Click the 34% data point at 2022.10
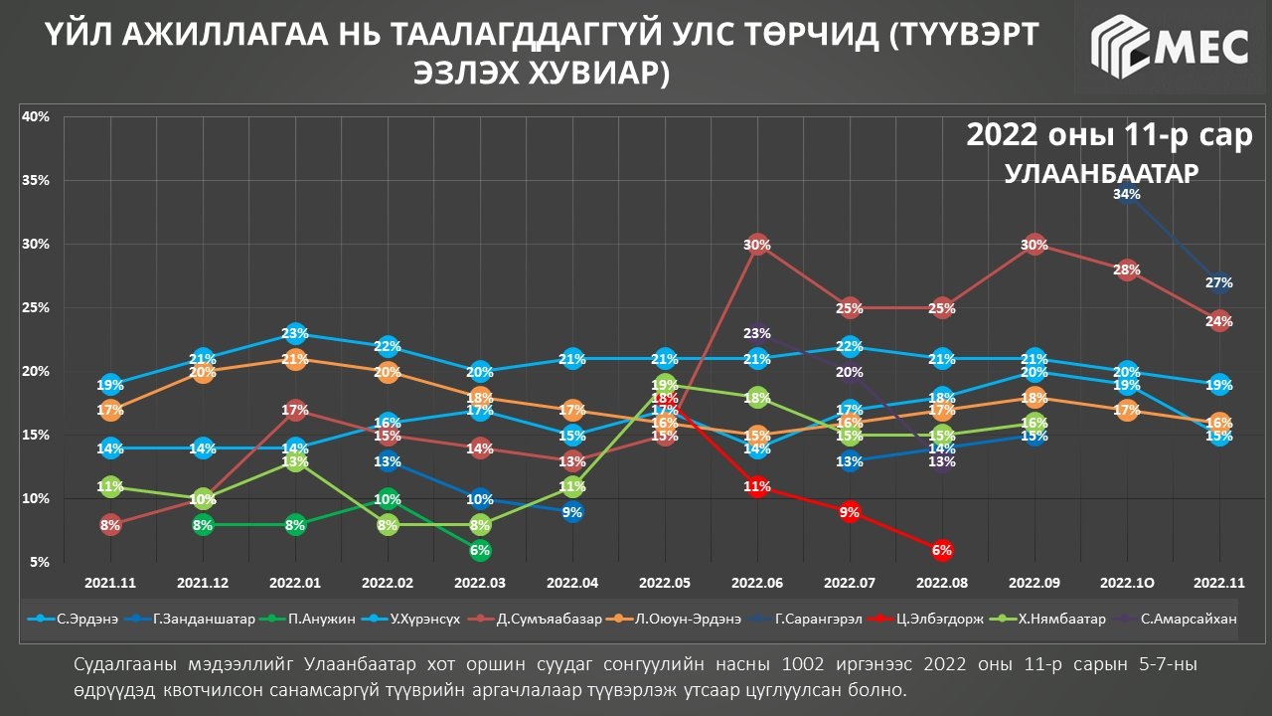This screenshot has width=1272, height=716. [x=1127, y=195]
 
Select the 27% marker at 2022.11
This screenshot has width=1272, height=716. [x=1219, y=283]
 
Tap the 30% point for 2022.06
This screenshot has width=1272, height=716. [x=757, y=245]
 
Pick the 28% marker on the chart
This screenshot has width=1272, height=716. [x=1127, y=270]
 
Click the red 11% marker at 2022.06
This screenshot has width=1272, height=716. [x=757, y=487]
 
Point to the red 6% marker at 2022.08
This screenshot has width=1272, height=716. [x=942, y=550]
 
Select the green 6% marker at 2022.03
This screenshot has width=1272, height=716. [x=480, y=550]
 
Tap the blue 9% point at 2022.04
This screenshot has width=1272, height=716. [x=572, y=512]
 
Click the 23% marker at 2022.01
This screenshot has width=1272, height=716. [x=295, y=334]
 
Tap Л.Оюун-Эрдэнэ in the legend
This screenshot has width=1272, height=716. [x=692, y=619]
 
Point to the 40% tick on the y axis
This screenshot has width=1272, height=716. [x=36, y=116]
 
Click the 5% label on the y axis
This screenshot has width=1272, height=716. [x=40, y=562]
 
